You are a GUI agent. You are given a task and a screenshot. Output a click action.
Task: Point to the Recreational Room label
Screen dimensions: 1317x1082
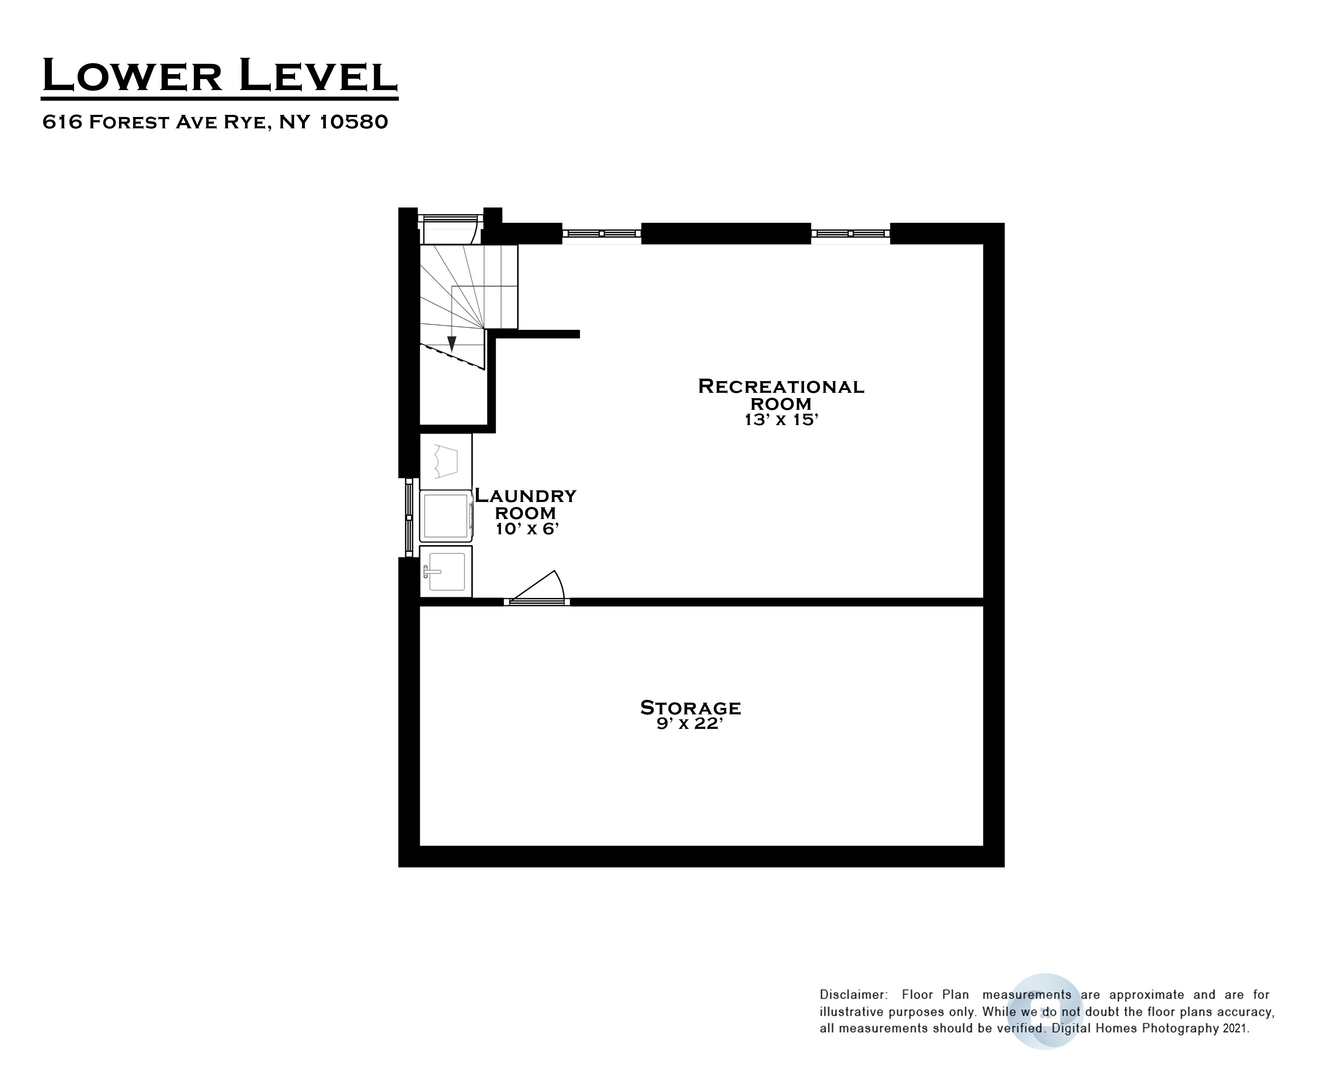[x=781, y=395]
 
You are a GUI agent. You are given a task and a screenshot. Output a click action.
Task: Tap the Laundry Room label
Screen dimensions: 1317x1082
[x=525, y=504]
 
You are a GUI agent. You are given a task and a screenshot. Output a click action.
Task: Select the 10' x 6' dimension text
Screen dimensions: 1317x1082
[x=527, y=529]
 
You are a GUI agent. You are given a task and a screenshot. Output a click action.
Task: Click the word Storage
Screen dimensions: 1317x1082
[x=691, y=708]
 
